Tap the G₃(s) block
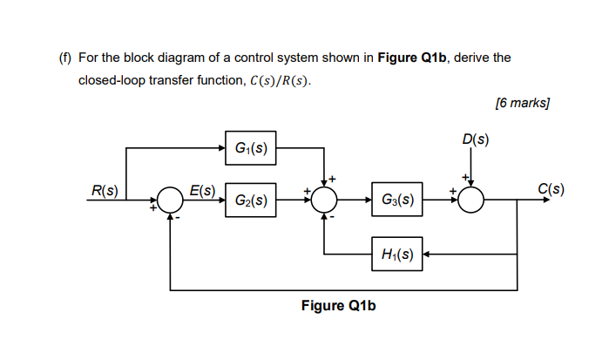point(396,200)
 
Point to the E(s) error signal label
point(203,189)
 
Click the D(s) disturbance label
point(476,139)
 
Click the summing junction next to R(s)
point(171,200)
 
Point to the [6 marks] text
point(521,103)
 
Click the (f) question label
point(64,58)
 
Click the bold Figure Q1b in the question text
point(410,58)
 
